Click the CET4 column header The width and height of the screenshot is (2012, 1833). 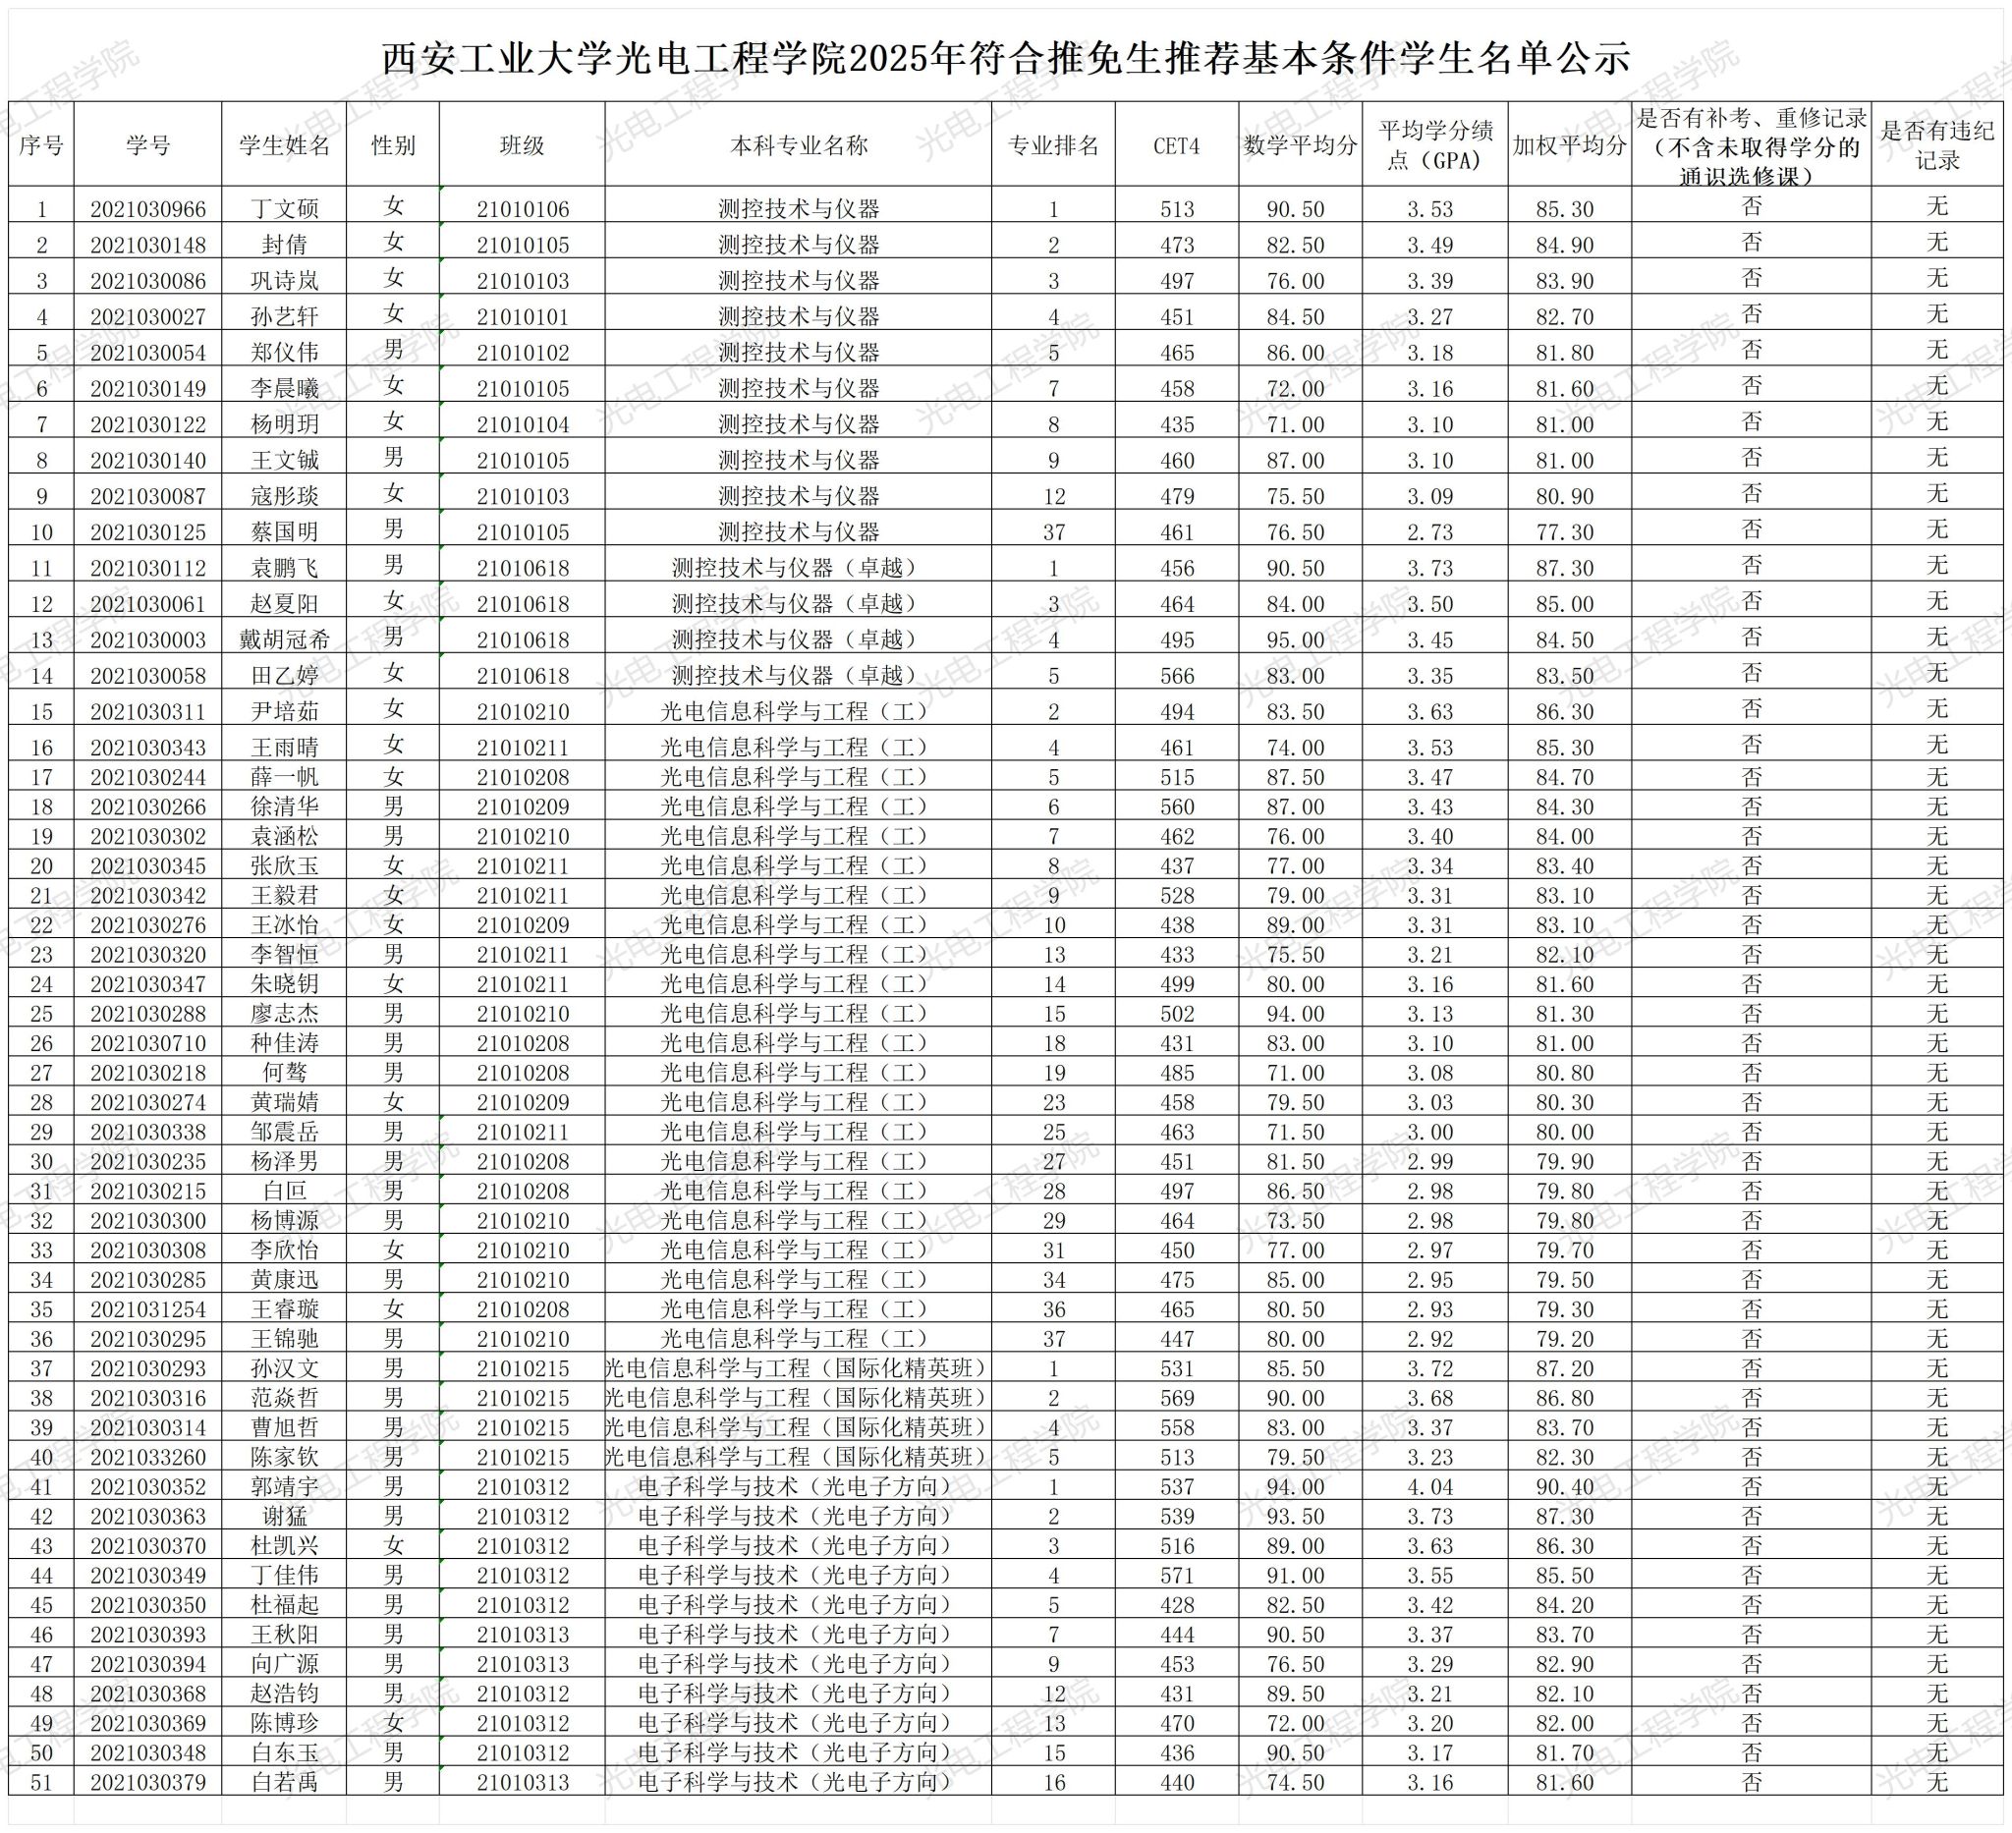click(1176, 145)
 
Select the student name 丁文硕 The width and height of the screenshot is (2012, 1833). click(285, 209)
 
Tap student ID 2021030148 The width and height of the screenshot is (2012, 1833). click(147, 246)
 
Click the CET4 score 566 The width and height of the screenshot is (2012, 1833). click(1177, 677)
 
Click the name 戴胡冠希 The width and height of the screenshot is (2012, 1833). click(285, 640)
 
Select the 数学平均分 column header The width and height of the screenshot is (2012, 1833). click(1300, 145)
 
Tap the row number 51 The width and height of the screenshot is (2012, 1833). click(41, 1783)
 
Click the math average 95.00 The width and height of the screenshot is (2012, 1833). click(1296, 640)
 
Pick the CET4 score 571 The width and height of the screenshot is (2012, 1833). click(1177, 1577)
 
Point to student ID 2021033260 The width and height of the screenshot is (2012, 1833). click(147, 1458)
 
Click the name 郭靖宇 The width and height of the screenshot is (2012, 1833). click(285, 1488)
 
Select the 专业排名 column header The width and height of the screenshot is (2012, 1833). click(1053, 145)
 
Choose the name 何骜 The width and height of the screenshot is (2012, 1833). click(285, 1074)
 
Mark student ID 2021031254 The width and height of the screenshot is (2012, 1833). click(147, 1310)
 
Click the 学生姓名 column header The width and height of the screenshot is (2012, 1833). click(285, 145)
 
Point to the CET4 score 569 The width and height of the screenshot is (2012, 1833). click(1177, 1399)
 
